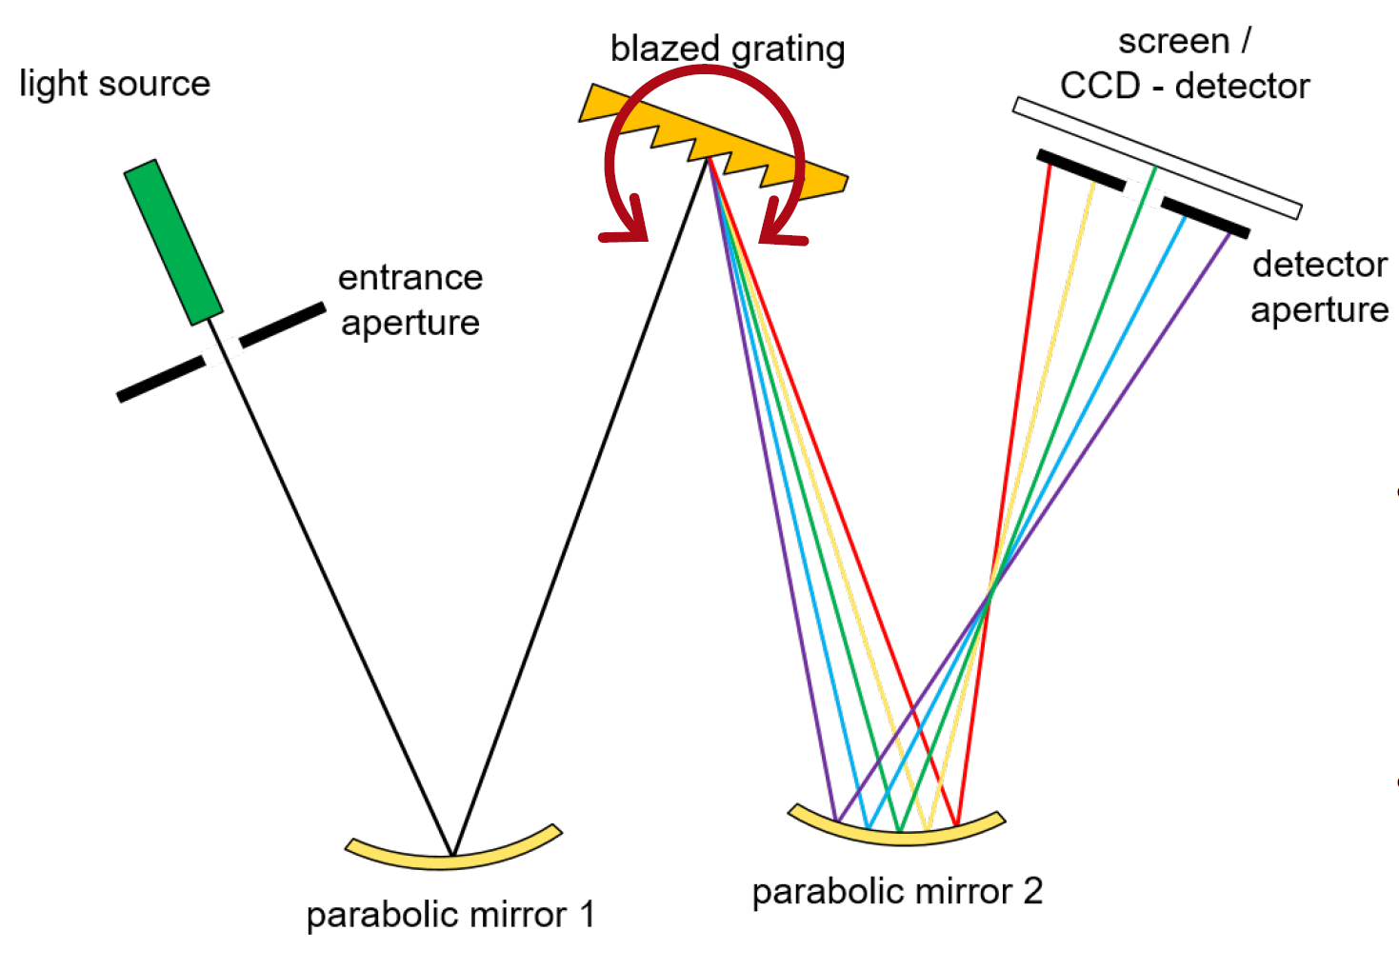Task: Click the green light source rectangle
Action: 173,243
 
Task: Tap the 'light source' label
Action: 114,84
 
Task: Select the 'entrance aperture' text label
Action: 410,300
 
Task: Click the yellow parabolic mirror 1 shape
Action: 452,853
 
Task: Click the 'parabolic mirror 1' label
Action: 450,915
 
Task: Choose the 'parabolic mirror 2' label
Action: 897,892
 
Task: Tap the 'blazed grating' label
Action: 728,48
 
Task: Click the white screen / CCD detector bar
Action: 1157,157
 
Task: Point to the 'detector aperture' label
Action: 1319,287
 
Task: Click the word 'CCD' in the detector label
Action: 1100,87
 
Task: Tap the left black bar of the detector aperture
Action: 1081,169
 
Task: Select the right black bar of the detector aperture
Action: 1205,217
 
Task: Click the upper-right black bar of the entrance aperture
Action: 282,324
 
